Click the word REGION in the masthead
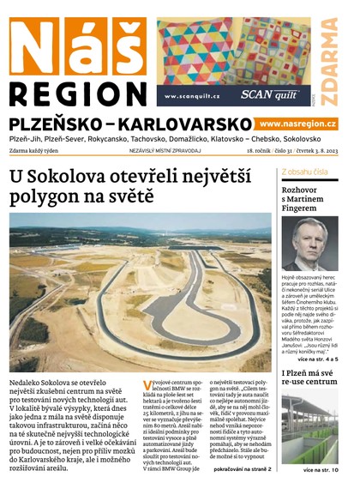point(77,93)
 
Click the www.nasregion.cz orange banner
point(297,124)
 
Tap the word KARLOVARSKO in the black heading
point(189,124)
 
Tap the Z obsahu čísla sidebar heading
point(303,172)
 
